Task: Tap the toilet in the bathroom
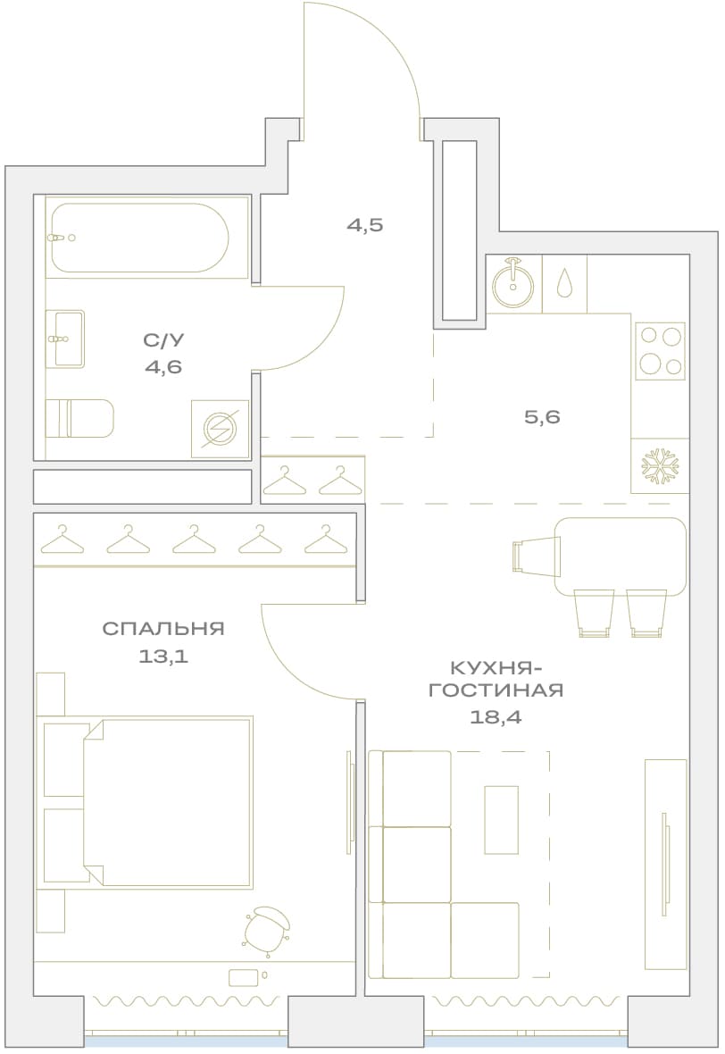pos(79,417)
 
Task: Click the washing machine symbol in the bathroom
pos(220,429)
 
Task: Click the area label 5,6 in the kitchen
pos(542,417)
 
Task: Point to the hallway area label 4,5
pos(365,224)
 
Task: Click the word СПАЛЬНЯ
pos(163,629)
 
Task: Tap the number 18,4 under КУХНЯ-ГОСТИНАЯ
pos(496,717)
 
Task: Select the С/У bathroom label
pos(163,340)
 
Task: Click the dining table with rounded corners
pos(621,556)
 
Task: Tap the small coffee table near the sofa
pos(501,819)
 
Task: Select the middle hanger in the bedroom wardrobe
pos(194,540)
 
